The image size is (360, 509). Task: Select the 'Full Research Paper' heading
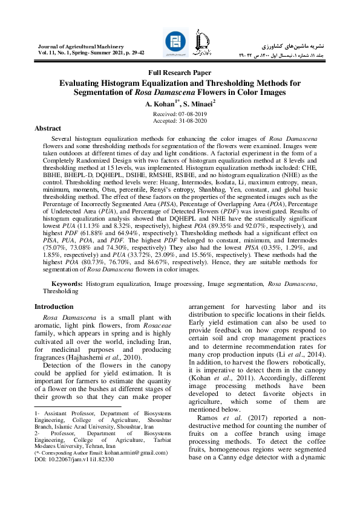pos(180,73)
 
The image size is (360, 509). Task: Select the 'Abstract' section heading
pos(48,129)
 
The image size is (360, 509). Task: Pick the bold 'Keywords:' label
pos(67,284)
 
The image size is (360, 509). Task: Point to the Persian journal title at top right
pos(296,46)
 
